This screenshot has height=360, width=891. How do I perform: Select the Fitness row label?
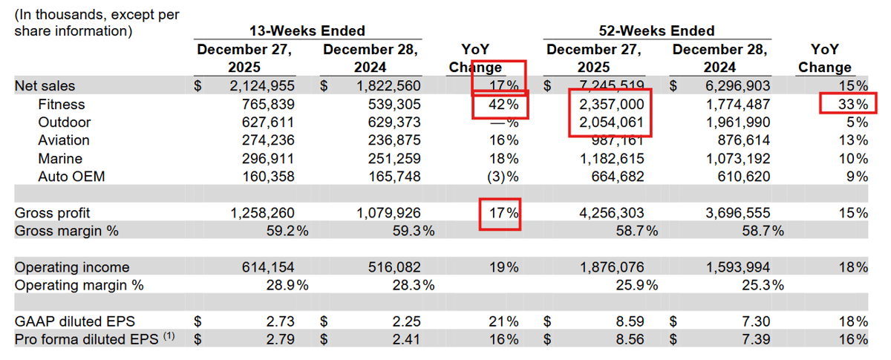(x=62, y=105)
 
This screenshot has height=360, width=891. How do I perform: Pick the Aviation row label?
(x=64, y=140)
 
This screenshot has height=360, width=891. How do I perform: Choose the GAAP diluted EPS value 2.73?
(x=281, y=321)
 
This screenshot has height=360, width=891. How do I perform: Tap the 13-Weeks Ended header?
(x=307, y=30)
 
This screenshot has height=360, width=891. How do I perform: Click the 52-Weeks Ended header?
(x=656, y=30)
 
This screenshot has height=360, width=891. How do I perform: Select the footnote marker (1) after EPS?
(x=169, y=336)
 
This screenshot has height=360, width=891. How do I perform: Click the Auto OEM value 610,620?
(x=738, y=177)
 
